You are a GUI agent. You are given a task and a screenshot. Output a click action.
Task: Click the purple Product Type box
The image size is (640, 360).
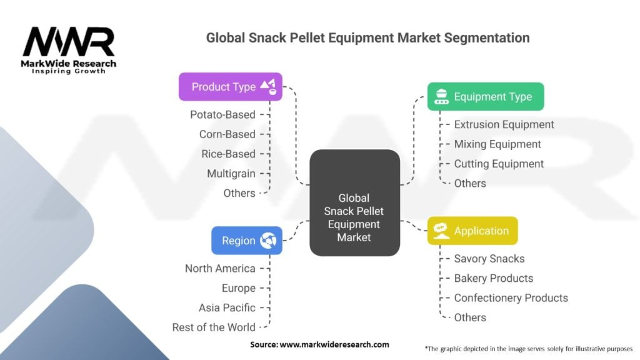coord(230,87)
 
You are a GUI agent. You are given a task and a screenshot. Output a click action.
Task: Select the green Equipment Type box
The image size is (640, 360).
coord(485,97)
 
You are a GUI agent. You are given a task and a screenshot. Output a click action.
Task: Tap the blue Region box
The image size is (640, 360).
coord(246,241)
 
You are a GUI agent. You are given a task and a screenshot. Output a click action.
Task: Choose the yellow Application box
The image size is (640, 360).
coord(472,231)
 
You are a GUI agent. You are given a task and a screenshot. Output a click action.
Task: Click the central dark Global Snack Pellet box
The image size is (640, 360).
coord(354,202)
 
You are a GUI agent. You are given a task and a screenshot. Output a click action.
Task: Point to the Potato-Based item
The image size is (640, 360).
coord(222,114)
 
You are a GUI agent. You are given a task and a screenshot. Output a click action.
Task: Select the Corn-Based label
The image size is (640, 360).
coord(227,134)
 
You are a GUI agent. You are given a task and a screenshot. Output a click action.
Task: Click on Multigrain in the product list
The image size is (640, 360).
coord(231,173)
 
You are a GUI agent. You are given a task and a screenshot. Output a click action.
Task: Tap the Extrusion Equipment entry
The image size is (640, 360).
coord(504,124)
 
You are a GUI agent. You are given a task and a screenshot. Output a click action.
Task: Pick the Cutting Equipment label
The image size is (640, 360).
coord(499,164)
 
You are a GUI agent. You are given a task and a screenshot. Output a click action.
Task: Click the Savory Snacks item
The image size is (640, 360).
coord(489,259)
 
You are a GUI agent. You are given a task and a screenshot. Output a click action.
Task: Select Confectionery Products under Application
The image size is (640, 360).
coord(511,298)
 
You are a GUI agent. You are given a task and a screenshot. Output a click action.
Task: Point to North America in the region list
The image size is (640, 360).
coord(220,269)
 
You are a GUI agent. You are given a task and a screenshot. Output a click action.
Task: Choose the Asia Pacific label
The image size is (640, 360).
coord(227,307)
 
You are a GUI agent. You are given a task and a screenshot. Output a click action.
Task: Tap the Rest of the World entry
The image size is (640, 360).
coord(214,327)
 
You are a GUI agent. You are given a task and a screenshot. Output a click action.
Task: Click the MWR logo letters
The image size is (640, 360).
coord(69,42)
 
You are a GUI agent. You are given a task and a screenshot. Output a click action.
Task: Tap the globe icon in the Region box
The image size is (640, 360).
coord(268,241)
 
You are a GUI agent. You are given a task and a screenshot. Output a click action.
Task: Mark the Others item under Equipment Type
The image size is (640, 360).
coord(470,183)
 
